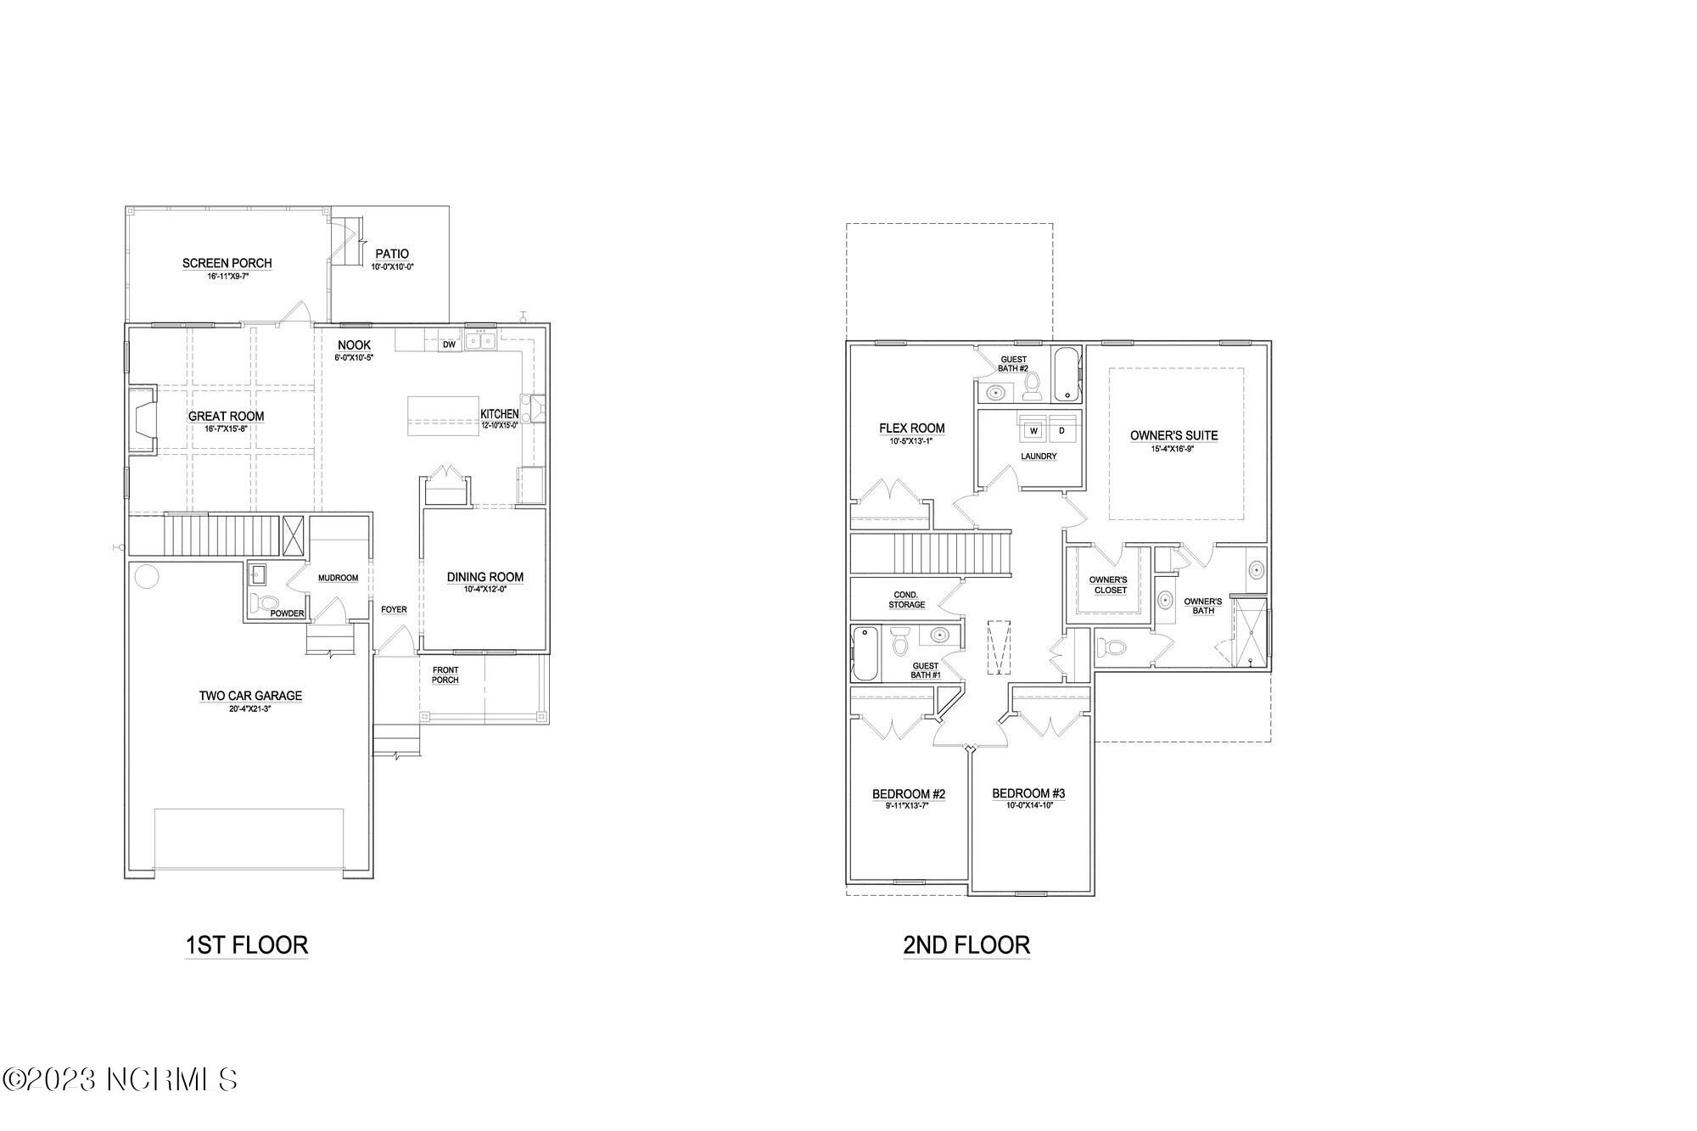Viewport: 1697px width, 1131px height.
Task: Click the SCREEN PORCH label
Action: tap(227, 263)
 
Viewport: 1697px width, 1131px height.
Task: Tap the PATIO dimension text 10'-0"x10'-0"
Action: tap(391, 267)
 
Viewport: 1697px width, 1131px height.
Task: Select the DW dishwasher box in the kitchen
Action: tap(450, 344)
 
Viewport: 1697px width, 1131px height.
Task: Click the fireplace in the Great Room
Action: tap(142, 420)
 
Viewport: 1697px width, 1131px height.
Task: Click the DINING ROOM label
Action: tap(484, 577)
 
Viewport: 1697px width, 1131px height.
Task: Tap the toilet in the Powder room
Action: tap(266, 603)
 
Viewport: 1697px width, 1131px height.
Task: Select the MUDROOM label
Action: tap(338, 578)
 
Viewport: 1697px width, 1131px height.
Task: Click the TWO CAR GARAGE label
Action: tap(250, 696)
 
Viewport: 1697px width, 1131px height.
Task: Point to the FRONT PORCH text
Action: tap(445, 675)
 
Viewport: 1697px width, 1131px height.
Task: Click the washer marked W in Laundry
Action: tap(1033, 431)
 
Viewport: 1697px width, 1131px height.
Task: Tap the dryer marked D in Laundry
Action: tap(1061, 431)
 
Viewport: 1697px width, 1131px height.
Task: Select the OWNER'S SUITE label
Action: tap(1173, 435)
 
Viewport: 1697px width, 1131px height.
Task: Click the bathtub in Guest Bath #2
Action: tap(1067, 374)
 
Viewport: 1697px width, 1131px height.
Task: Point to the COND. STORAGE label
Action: tap(906, 600)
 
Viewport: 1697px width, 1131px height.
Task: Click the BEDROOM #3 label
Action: tap(1028, 793)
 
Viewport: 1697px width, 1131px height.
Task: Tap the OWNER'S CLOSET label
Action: tap(1108, 585)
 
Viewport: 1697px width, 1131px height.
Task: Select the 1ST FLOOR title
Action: tap(246, 945)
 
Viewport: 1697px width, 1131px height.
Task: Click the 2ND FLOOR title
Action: tap(966, 945)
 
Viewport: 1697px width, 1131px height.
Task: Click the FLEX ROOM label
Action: tap(911, 428)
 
